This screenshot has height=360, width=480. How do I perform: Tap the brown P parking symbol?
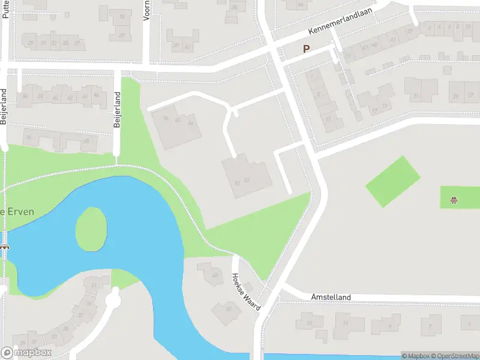306,49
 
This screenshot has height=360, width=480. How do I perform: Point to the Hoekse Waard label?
246,292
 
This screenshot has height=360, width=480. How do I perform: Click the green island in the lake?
91,229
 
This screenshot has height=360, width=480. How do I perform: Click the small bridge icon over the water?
4,247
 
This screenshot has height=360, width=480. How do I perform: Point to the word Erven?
20,212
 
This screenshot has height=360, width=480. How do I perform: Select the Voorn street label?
147,10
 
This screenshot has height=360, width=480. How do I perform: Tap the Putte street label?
5,10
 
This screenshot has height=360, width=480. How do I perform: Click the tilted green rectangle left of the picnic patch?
393,181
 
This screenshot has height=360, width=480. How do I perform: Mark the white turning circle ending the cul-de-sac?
113,298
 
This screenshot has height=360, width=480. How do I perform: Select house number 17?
328,119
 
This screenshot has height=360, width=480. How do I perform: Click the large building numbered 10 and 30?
247,176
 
